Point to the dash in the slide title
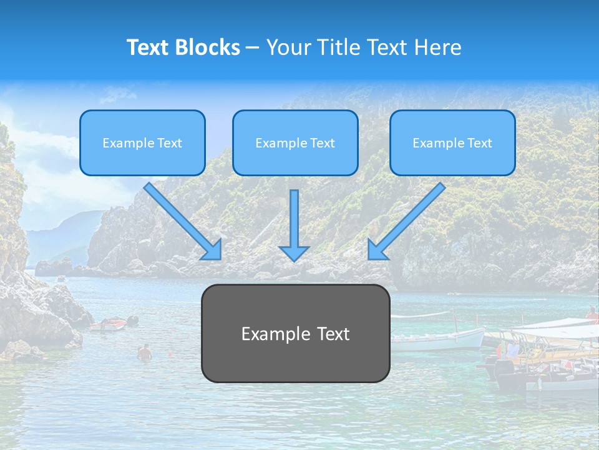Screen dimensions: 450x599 [253, 47]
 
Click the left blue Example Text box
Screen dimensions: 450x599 [142, 142]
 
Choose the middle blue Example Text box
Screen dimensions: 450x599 [295, 142]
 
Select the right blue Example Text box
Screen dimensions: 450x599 [452, 142]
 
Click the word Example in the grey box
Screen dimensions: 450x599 [276, 334]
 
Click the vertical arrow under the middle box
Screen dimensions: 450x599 [294, 219]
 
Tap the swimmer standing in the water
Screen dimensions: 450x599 [145, 352]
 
